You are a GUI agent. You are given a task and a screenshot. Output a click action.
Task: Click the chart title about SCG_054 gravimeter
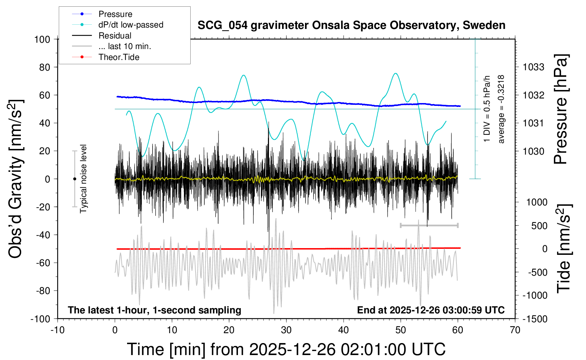[351, 25]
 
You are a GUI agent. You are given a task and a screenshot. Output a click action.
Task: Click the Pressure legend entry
[115, 14]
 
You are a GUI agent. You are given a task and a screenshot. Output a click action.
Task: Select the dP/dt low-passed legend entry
[131, 25]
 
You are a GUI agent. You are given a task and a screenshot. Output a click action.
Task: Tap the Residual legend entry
[115, 36]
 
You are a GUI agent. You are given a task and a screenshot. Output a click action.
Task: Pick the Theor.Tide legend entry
[119, 57]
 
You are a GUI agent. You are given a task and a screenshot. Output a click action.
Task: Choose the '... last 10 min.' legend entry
[125, 46]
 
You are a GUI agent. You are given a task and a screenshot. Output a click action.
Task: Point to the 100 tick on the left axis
[42, 39]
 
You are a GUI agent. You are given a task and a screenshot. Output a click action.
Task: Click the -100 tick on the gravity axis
[40, 319]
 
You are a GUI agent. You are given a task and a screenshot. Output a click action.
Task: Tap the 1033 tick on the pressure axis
[533, 67]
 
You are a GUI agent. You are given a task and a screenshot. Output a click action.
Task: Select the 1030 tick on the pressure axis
[533, 151]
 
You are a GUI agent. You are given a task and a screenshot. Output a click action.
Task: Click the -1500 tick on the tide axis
[534, 319]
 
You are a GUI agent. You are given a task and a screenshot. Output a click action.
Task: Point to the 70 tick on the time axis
[515, 330]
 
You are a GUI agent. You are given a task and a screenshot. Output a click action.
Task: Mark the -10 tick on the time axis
[58, 330]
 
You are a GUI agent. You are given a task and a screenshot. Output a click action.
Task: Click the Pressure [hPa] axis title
[561, 109]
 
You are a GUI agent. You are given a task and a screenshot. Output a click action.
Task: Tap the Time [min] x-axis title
[286, 349]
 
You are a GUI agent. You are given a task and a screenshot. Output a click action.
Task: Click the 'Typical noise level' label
[83, 179]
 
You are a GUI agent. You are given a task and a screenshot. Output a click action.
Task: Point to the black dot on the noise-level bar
[74, 179]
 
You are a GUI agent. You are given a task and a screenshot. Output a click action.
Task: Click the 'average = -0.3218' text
[501, 109]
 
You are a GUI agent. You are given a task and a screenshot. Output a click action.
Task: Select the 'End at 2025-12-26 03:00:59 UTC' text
[431, 310]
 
